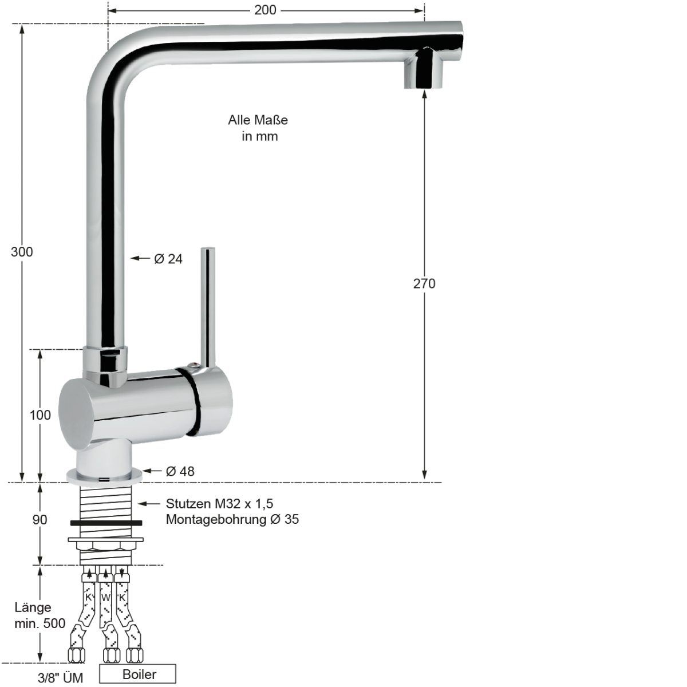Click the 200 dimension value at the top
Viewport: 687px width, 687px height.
[265, 10]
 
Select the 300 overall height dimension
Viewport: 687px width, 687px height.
[22, 252]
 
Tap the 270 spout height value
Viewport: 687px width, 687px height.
[424, 283]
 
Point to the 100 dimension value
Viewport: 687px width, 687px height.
[40, 415]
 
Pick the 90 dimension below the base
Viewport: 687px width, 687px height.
[40, 520]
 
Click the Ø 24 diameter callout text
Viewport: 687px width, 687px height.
[168, 259]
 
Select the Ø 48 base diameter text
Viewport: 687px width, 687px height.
[180, 471]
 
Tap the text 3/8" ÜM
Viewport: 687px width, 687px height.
[60, 678]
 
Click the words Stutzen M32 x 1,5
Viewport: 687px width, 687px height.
[219, 504]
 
